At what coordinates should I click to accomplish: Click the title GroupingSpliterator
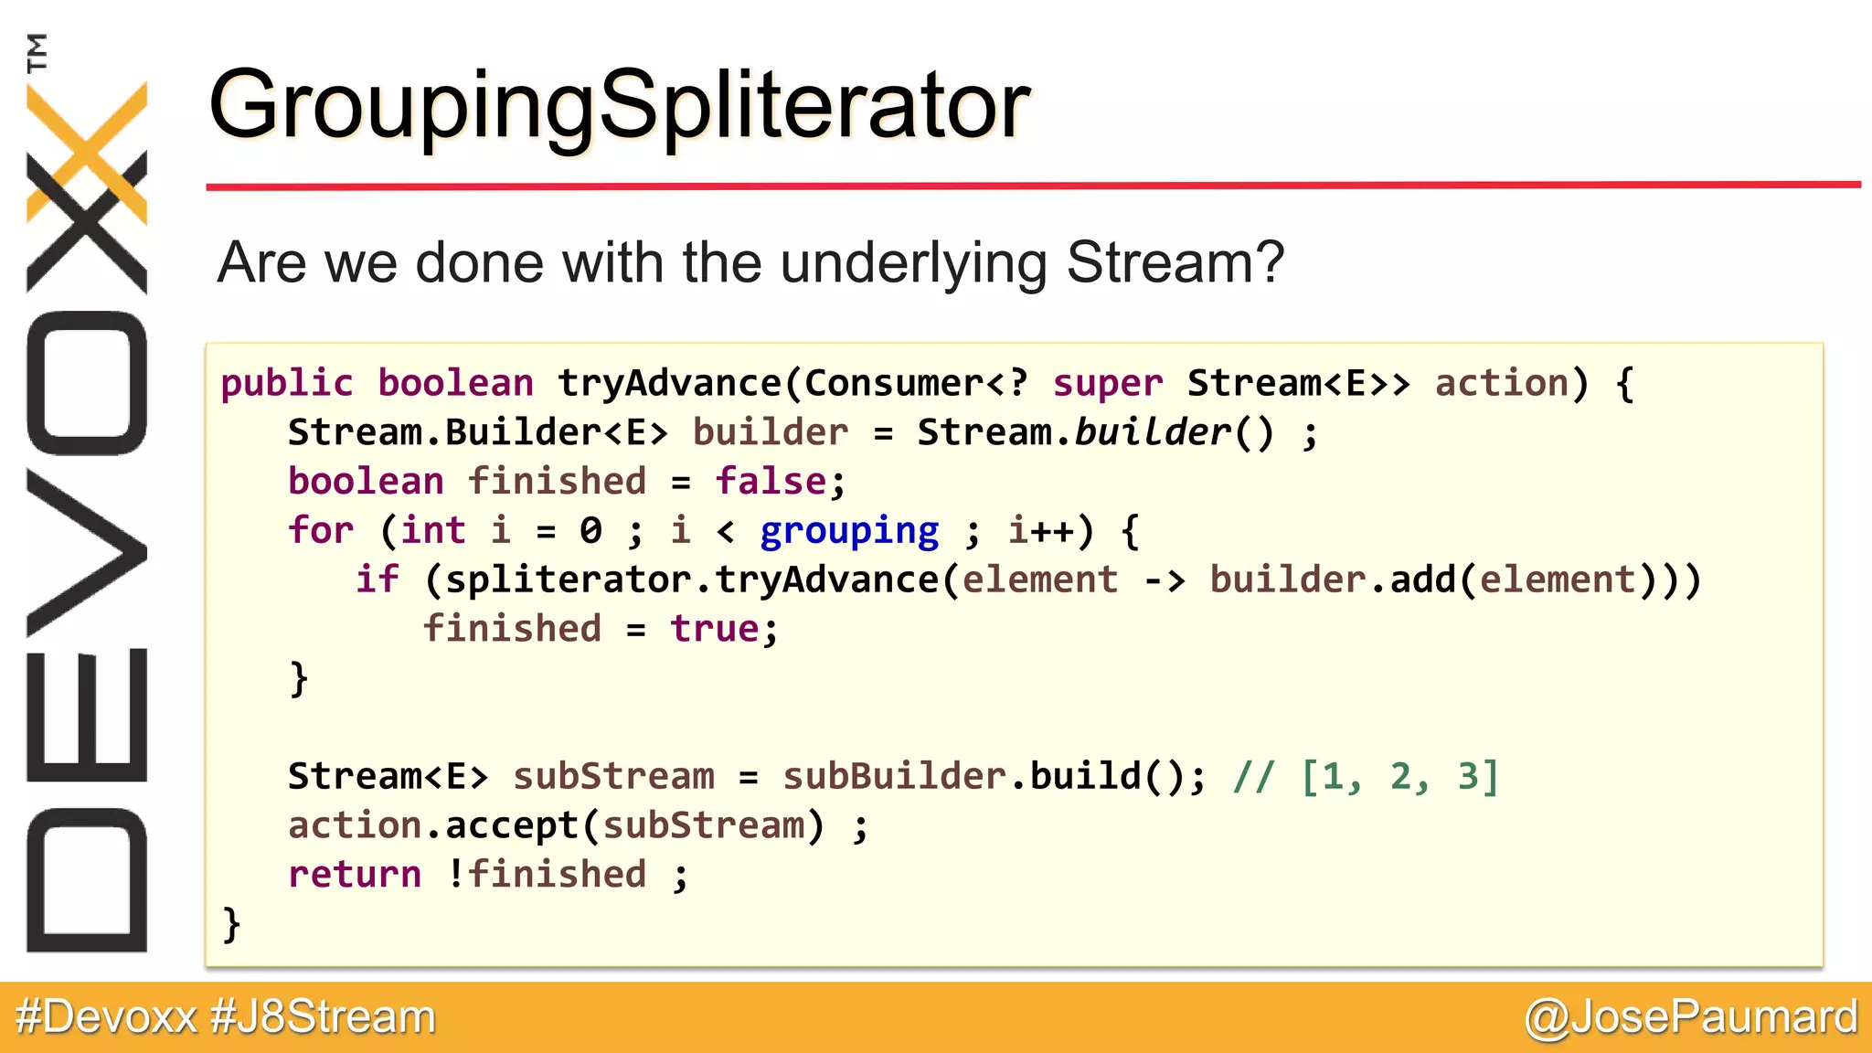(620, 108)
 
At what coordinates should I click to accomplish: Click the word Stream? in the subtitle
(1175, 263)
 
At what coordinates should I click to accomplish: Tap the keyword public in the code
(286, 384)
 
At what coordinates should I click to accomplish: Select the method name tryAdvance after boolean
(669, 384)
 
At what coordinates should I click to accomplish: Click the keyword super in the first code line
(1108, 384)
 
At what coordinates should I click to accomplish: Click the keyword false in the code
(771, 482)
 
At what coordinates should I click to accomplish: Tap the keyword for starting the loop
(320, 531)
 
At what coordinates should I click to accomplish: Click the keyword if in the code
(377, 580)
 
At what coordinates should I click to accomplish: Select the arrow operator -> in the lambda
(1164, 580)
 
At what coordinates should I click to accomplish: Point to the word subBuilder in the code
(895, 777)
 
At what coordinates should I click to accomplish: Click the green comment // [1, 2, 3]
(1366, 777)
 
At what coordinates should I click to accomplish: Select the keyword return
(354, 875)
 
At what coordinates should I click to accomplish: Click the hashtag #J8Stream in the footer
(323, 1017)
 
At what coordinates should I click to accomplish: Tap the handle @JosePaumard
(1691, 1017)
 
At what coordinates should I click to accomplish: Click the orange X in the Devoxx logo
(87, 151)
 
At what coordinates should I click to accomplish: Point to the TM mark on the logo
(37, 52)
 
